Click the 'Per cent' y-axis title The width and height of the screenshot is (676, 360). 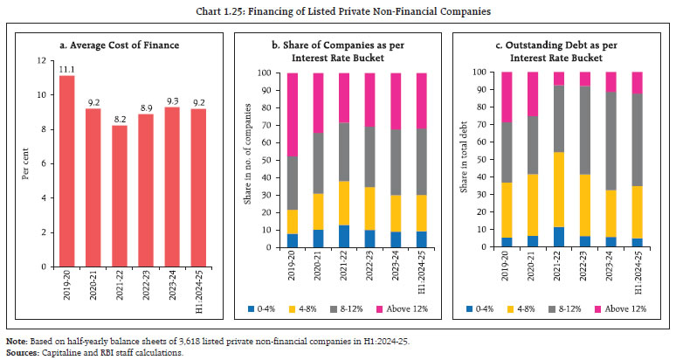(x=25, y=163)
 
